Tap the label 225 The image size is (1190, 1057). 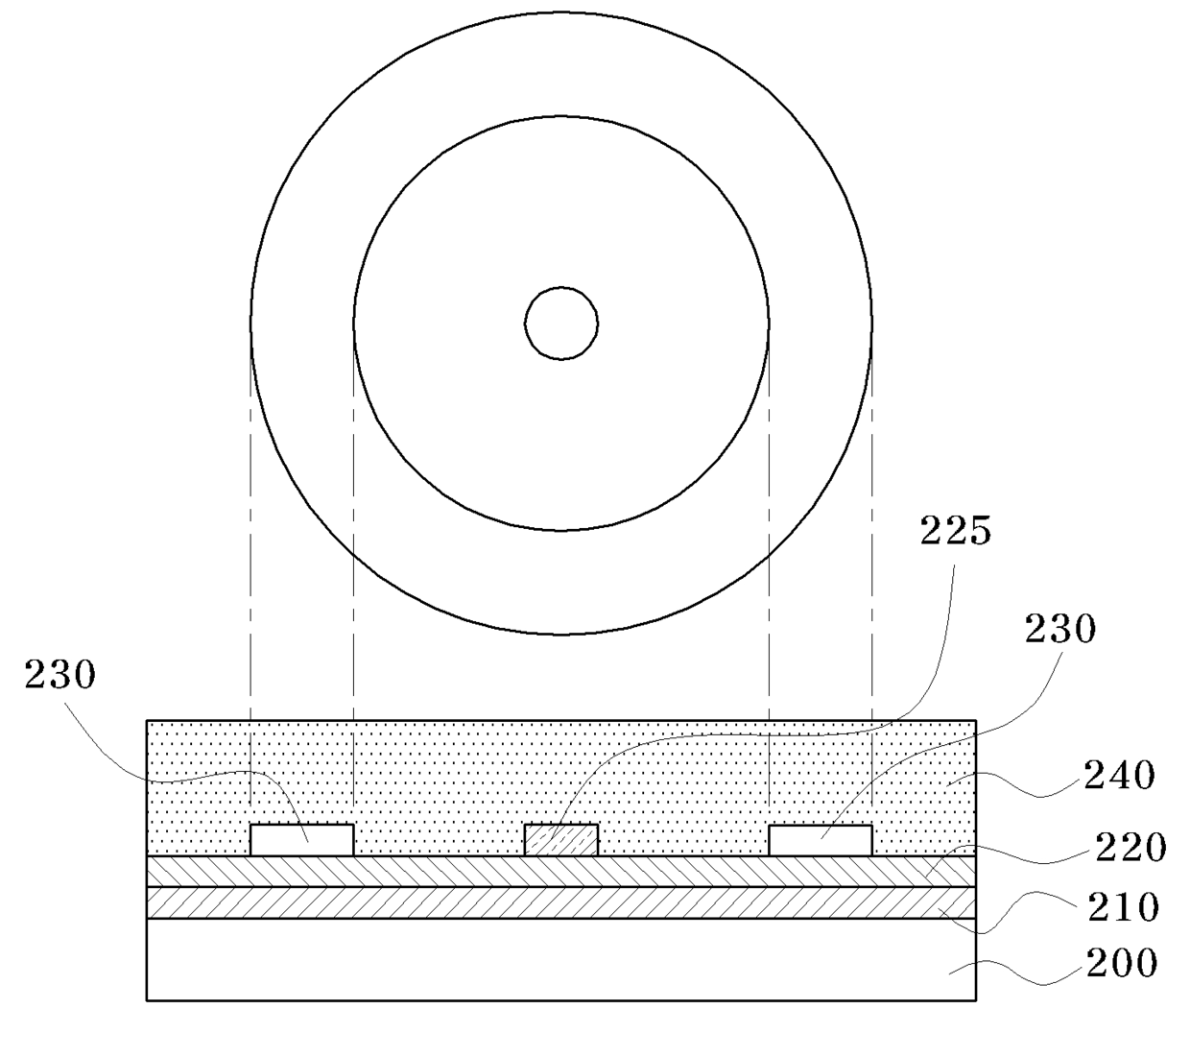[x=956, y=531]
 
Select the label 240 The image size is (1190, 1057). [x=1120, y=776]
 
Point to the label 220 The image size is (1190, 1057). [x=1130, y=848]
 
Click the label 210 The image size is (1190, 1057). [x=1124, y=907]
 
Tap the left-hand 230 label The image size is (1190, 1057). [x=59, y=675]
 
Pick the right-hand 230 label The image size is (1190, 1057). [x=1060, y=629]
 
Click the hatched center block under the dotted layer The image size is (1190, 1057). [x=561, y=840]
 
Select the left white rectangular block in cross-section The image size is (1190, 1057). [x=302, y=840]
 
